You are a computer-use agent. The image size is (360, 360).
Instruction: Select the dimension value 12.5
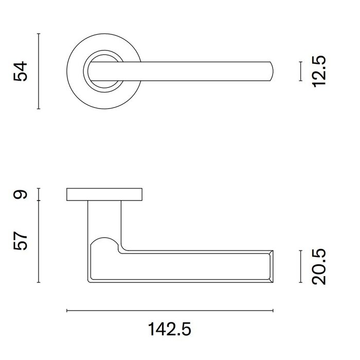tap(319, 71)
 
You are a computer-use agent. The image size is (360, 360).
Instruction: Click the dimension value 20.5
tap(319, 266)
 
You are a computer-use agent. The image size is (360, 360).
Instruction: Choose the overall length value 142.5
tap(170, 329)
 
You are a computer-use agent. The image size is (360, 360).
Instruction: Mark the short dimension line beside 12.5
tap(300, 71)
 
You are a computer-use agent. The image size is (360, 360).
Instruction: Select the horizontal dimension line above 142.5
tap(170, 311)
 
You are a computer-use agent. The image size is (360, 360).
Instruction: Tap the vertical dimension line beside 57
tap(39, 242)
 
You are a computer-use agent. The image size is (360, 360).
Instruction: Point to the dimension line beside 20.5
tap(300, 266)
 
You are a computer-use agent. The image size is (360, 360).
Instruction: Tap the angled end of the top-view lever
tap(271, 71)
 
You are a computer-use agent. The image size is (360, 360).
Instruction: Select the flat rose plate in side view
tap(104, 194)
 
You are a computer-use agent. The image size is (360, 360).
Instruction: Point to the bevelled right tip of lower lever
tap(269, 266)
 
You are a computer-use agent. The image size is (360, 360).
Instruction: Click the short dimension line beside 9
tap(39, 194)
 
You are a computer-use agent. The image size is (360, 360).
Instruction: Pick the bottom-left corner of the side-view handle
tap(91, 280)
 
